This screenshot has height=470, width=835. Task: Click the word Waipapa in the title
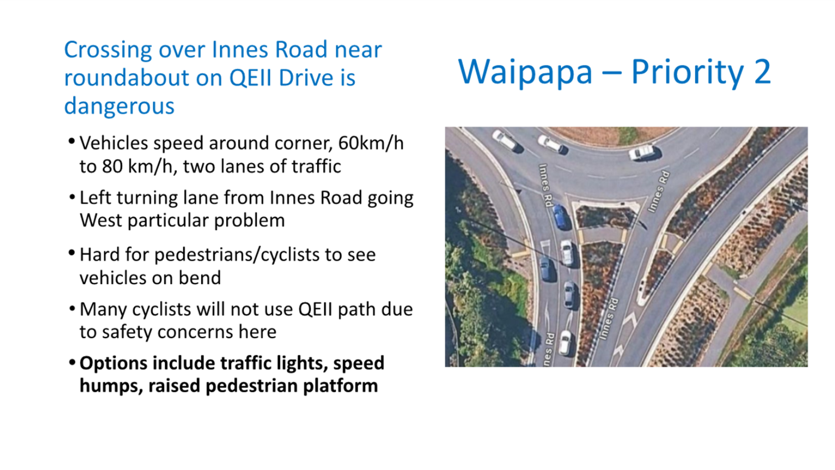525,71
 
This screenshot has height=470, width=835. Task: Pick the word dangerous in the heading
119,106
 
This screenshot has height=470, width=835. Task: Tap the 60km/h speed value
371,144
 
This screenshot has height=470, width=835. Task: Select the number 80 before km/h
113,167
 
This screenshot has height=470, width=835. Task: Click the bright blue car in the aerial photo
559,217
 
